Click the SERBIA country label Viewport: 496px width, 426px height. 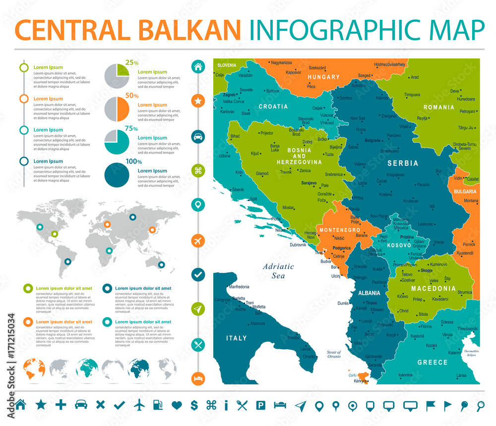click(402, 163)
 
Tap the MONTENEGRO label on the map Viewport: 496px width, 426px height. click(340, 230)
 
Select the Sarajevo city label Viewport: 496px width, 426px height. click(309, 183)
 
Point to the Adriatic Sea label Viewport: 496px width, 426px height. click(279, 270)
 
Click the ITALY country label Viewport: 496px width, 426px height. click(237, 338)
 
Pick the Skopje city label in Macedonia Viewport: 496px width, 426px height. click(426, 271)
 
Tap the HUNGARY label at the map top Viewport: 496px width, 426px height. click(323, 77)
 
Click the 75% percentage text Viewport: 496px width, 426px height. click(131, 128)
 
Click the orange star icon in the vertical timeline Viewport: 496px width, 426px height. click(198, 101)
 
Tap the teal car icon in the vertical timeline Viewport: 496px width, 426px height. click(198, 137)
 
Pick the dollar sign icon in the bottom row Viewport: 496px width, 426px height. click(194, 405)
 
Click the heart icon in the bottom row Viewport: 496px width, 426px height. click(177, 405)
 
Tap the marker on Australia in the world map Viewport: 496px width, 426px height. click(161, 265)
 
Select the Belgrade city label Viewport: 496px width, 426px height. click(372, 141)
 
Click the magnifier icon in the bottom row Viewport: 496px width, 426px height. click(480, 405)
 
